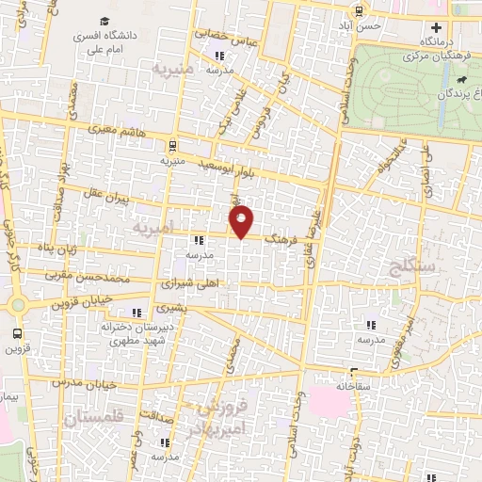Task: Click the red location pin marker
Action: pyautogui.click(x=242, y=221)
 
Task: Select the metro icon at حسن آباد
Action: pyautogui.click(x=359, y=11)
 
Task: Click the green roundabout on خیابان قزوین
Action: pyautogui.click(x=18, y=304)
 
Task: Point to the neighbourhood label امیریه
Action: pyautogui.click(x=154, y=230)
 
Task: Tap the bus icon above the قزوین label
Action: pyautogui.click(x=18, y=333)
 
